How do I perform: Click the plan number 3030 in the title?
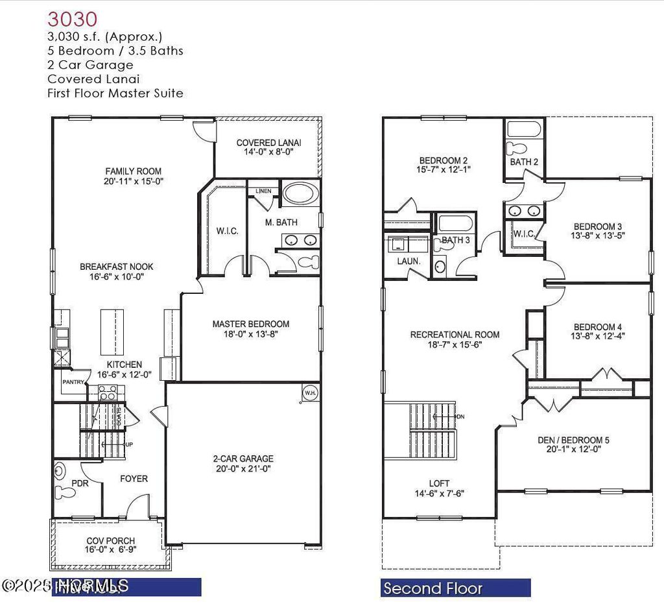(73, 18)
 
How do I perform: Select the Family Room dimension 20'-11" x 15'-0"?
(134, 182)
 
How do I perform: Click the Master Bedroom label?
(251, 324)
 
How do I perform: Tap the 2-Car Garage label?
(244, 458)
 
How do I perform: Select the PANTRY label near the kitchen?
(73, 382)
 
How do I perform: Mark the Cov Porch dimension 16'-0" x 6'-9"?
(111, 550)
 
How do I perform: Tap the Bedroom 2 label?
(444, 161)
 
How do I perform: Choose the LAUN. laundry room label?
(409, 261)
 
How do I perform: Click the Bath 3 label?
(456, 240)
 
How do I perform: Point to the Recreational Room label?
(455, 335)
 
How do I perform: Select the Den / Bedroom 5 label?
(573, 440)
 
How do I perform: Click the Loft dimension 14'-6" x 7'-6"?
(439, 493)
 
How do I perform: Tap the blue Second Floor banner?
(455, 588)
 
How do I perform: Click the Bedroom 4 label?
(597, 327)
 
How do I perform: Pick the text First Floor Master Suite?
(115, 93)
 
